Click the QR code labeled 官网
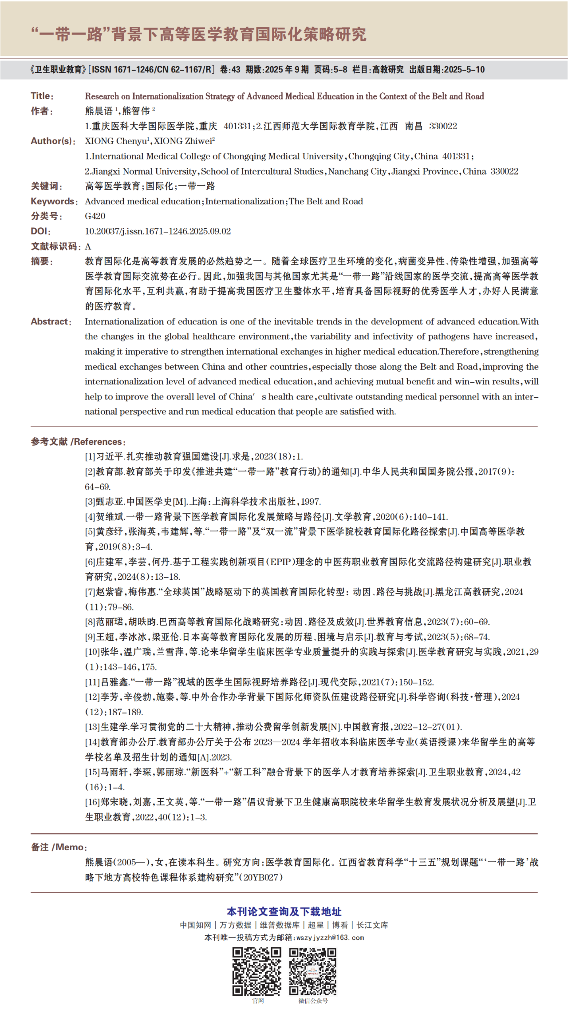coord(257,971)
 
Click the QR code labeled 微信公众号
coord(313,971)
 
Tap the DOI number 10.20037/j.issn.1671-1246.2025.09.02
coord(158,231)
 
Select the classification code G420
coord(95,216)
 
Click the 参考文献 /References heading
coord(78,442)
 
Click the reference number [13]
coord(92,727)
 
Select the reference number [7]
coord(90,592)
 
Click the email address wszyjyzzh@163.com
coord(330,938)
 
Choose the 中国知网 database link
coord(195,925)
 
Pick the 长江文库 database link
coord(372,925)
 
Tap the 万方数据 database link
coord(235,925)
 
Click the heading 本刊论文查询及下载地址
coord(284,911)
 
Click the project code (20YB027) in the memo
coord(263,877)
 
